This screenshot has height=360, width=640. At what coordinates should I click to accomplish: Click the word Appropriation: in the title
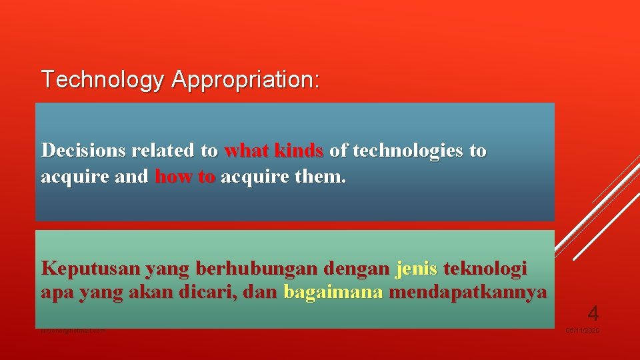click(245, 80)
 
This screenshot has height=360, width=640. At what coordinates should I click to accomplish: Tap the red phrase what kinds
click(274, 151)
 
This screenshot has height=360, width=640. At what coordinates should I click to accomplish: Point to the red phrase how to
click(185, 178)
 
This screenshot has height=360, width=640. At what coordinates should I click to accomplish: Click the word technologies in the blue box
click(407, 151)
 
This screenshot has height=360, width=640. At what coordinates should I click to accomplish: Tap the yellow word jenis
click(417, 269)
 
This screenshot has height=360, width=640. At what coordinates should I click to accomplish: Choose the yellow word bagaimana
click(333, 293)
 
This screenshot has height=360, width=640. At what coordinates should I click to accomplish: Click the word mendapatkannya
click(468, 293)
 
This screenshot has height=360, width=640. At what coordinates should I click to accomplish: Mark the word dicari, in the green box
click(236, 293)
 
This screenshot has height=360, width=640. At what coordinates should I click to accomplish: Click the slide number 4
click(593, 312)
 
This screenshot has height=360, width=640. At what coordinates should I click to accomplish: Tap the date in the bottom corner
click(583, 331)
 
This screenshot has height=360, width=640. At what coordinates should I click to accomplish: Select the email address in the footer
click(73, 331)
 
